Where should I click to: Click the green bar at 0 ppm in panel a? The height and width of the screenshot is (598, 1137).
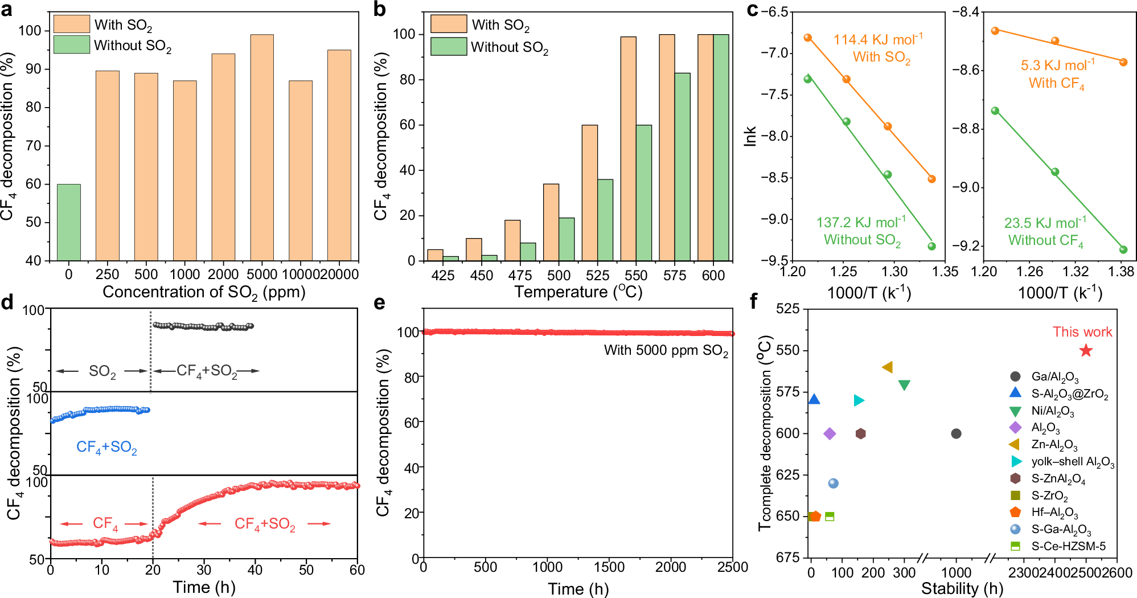pos(68,222)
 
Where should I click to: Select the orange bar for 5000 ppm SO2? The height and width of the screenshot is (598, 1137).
pos(262,148)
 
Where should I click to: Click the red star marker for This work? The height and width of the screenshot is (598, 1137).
pos(1086,351)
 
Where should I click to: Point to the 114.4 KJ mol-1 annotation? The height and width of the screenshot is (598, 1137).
pos(878,39)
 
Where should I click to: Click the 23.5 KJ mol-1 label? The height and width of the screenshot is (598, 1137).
pos(1045,223)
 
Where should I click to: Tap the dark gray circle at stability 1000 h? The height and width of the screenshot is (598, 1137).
pos(956,433)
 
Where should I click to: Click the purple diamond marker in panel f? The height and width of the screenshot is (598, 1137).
pos(830,434)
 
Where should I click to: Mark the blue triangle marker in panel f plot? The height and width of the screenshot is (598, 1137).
pos(814,399)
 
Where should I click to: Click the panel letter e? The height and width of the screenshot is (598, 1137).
pos(380,302)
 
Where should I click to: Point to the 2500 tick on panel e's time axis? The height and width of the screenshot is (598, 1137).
pos(732,567)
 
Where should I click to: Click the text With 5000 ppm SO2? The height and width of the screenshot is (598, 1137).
pos(666,350)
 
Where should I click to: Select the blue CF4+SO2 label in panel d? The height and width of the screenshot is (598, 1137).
pos(106,448)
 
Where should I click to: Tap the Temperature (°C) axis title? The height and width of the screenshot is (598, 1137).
pos(578,292)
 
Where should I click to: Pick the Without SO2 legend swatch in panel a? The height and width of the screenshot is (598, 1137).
pos(72,45)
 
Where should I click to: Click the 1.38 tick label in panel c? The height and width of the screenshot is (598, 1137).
pos(1121,272)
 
